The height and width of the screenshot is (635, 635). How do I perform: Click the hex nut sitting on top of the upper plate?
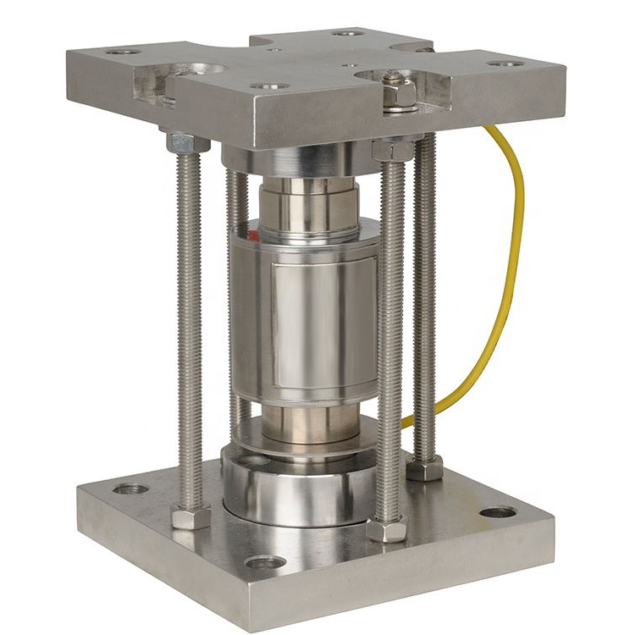click(398, 91)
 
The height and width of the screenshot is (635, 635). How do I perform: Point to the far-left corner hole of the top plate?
click(122, 52)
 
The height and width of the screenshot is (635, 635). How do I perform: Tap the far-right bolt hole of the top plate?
click(506, 63)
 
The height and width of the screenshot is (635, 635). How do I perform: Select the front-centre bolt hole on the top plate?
click(268, 86)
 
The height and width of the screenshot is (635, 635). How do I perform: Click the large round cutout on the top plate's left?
click(197, 70)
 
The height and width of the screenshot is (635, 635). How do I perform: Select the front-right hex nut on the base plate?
click(387, 529)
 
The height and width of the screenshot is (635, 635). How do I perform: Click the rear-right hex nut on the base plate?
click(424, 467)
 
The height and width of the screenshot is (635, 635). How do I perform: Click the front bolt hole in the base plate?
click(264, 563)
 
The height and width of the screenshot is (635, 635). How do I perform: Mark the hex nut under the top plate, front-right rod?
click(391, 150)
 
